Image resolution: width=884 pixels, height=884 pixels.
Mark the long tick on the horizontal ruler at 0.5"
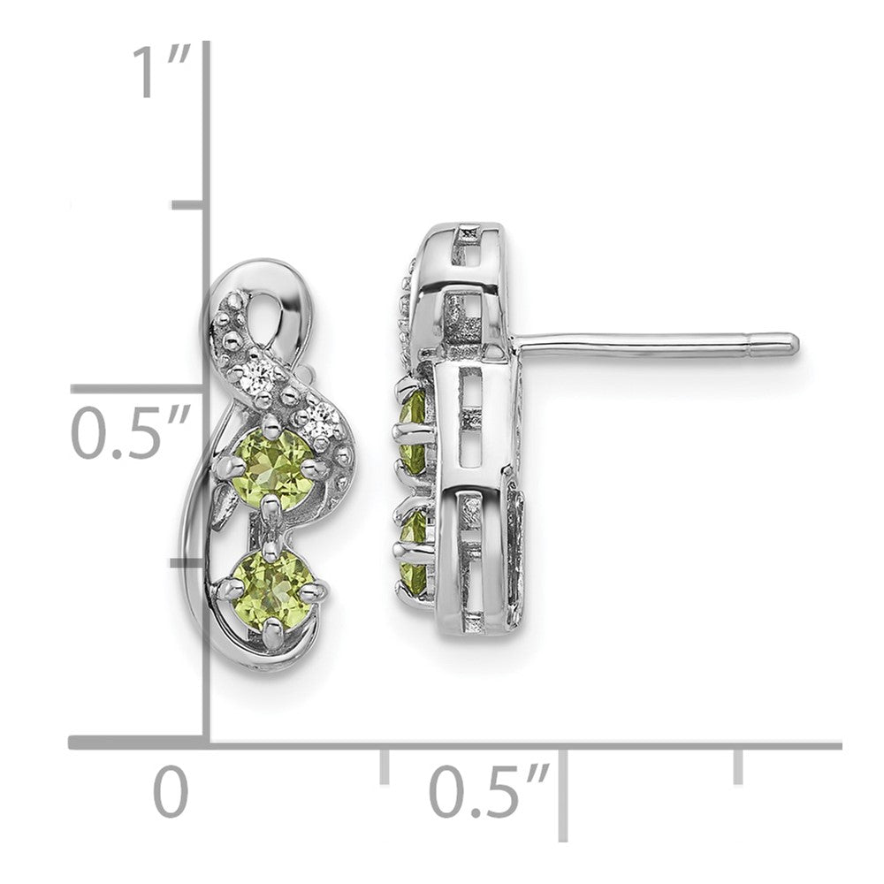[562, 791]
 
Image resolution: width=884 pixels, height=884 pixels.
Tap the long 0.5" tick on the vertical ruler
[141, 389]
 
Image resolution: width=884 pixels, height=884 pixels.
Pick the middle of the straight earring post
[654, 341]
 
